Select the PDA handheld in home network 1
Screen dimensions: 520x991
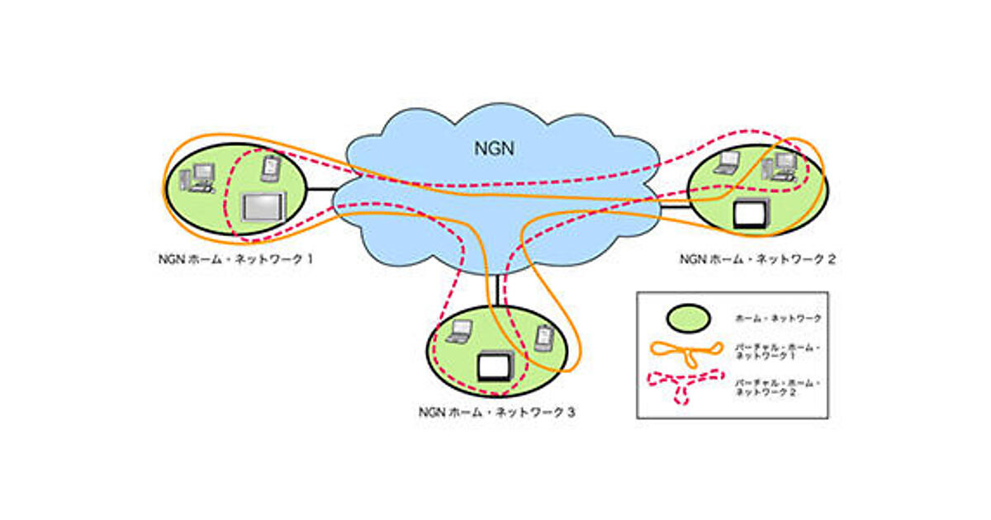point(269,168)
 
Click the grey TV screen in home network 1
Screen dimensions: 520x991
point(262,206)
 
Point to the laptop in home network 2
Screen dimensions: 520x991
point(726,162)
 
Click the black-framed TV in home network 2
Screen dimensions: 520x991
point(751,214)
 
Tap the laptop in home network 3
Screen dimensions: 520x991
point(458,332)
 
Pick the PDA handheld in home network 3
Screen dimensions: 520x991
point(543,338)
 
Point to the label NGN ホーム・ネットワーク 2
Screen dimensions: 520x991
point(757,258)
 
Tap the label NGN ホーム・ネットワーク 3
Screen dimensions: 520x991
point(496,410)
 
